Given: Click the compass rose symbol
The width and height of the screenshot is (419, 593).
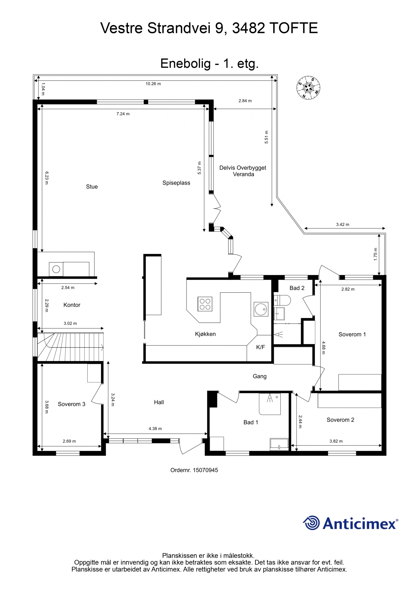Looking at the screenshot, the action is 308,88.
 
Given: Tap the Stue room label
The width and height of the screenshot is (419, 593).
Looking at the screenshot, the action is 92,187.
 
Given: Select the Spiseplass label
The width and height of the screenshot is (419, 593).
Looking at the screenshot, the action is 176,183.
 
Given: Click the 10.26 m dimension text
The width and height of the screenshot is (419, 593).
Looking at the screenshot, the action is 153,84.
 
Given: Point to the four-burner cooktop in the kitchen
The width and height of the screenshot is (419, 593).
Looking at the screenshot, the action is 205,304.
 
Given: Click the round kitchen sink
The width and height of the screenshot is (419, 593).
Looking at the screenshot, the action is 261,309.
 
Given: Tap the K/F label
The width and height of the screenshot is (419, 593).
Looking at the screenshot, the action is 261,347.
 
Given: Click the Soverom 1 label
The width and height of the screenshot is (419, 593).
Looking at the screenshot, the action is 352,334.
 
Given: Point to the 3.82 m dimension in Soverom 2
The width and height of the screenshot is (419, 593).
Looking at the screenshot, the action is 336,441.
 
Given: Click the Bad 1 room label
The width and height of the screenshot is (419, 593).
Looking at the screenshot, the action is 251,422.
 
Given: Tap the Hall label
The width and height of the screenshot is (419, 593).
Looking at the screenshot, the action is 159,402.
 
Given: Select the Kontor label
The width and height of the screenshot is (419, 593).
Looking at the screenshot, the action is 72,305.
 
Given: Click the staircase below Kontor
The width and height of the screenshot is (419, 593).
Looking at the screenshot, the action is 70,347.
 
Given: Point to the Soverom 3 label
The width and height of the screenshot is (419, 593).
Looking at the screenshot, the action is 72,404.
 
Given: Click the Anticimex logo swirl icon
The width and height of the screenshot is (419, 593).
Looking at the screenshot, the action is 311,523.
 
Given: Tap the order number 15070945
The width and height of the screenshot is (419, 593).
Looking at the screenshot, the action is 205,470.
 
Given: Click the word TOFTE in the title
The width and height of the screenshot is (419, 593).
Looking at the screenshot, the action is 294,28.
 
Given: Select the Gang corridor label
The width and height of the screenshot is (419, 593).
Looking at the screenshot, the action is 259,376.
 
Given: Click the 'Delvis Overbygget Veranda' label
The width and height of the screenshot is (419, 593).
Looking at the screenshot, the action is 243,171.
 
